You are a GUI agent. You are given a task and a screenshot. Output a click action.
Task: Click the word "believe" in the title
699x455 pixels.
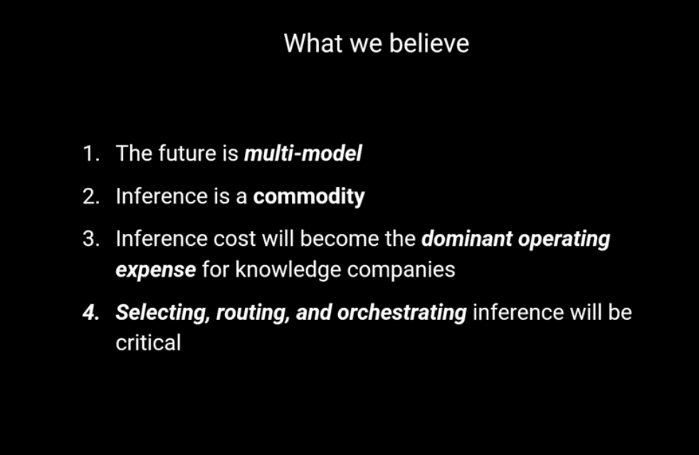[x=429, y=43]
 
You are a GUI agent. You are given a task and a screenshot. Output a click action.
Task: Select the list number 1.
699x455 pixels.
[x=91, y=154]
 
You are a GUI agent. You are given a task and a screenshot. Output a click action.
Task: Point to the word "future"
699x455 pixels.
[x=186, y=153]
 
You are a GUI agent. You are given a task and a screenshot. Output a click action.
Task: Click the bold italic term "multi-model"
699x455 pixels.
[x=303, y=154]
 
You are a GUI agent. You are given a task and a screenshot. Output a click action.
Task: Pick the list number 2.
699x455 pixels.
[x=91, y=196]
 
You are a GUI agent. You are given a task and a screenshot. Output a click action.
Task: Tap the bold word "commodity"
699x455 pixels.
[x=309, y=197]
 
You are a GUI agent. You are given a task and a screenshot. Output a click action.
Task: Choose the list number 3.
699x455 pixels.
[x=91, y=239]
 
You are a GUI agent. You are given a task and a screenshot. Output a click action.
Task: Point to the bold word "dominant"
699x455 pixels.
[x=467, y=239]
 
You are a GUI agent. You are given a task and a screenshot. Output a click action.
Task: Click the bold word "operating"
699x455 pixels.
[x=564, y=240]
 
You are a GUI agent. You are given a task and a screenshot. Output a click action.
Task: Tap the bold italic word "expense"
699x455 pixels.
[x=156, y=270]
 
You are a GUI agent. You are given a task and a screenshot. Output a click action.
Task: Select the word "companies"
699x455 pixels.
[x=401, y=269]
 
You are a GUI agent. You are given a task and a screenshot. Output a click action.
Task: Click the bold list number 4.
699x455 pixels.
[x=91, y=313]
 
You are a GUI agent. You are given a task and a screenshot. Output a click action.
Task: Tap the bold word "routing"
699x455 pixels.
[x=253, y=313]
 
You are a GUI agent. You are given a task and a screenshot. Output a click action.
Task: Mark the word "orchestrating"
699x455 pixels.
[x=402, y=313]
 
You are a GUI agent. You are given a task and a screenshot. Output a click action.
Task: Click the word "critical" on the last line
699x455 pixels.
[x=149, y=343]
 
